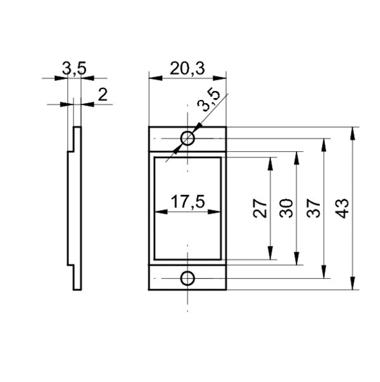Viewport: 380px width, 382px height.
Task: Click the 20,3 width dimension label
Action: [187, 68]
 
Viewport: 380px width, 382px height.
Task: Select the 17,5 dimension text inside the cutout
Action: [187, 202]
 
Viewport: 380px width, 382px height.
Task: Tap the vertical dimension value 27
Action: [260, 208]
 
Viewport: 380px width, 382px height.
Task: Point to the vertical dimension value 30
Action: [286, 208]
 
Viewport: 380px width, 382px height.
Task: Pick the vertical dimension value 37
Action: [313, 208]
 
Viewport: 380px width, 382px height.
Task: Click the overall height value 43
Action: [342, 209]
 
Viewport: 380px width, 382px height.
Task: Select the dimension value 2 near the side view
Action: [103, 94]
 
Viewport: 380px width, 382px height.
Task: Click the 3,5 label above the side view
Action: [74, 68]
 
